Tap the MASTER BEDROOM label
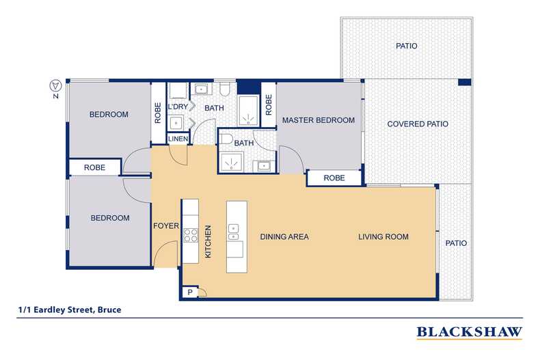(318, 120)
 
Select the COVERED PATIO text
(418, 124)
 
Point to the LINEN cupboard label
(178, 139)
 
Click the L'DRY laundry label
(178, 107)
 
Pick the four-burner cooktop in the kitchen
(190, 236)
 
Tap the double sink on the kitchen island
(234, 232)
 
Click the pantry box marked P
(187, 292)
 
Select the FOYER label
(166, 226)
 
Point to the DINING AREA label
(284, 237)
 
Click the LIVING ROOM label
(383, 237)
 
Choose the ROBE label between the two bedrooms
(94, 167)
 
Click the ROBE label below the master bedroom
(334, 178)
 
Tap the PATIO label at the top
(406, 46)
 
